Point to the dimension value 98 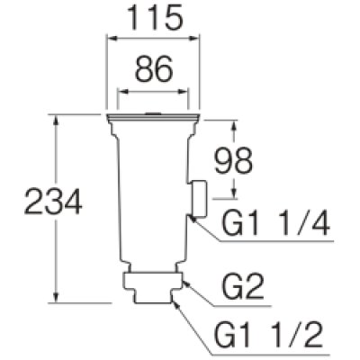point(231,163)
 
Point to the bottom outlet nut point(154,287)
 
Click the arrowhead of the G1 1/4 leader point(191,216)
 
